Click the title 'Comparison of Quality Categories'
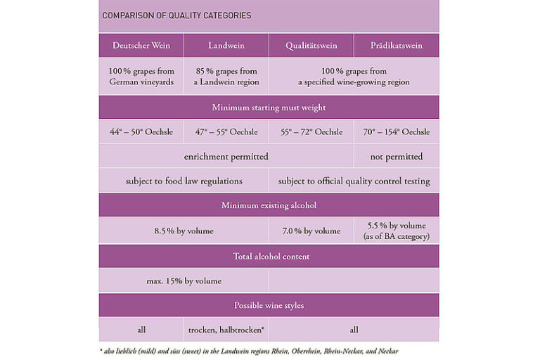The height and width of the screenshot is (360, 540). pos(176,15)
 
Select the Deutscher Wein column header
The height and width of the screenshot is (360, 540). pos(141,46)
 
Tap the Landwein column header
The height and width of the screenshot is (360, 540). pos(226,46)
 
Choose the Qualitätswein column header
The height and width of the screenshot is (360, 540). pos(311,46)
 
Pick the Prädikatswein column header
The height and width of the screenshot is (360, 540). pos(397,46)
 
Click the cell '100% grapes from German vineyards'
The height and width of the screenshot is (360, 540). pos(141,77)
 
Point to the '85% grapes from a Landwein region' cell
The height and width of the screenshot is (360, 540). pos(226,77)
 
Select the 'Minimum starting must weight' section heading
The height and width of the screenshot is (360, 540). pos(269,108)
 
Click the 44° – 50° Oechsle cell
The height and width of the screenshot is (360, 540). pos(141,132)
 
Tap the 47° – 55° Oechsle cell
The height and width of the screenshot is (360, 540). pos(226,132)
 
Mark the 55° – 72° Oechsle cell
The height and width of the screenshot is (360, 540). pos(311,132)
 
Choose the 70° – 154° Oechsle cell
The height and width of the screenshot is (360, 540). pos(397,132)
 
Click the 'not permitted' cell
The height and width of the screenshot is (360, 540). pos(397,156)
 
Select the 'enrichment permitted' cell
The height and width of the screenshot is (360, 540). pos(226,156)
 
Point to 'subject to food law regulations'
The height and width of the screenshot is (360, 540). pos(184,181)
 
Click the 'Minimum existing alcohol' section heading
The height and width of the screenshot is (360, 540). pos(269,205)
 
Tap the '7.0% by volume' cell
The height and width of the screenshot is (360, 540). pos(311,231)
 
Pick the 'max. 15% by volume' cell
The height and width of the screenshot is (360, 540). pos(184,281)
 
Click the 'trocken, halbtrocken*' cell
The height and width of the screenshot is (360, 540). pos(226,330)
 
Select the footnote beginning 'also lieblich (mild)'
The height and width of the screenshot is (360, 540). pos(253,350)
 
